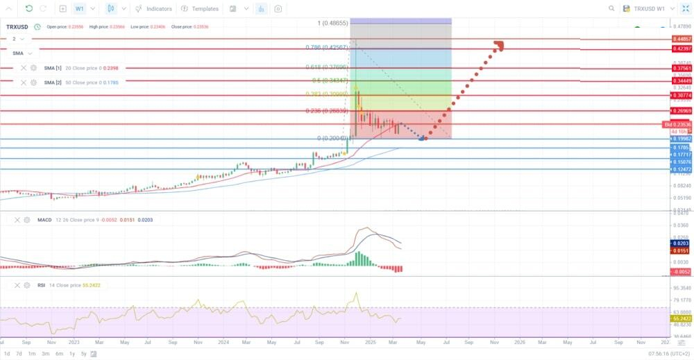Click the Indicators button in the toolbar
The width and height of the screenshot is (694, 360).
pos(154,9)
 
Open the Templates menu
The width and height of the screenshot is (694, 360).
pos(200,9)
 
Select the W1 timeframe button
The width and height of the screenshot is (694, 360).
pos(80,9)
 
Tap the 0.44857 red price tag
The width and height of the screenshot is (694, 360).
pos(682,39)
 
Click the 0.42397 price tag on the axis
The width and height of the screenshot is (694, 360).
pos(682,49)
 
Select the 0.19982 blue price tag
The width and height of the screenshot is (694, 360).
pos(682,139)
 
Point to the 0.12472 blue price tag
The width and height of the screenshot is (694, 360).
pos(682,169)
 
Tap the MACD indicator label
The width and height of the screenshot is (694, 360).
pos(44,220)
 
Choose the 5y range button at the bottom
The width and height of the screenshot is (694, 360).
pos(83,354)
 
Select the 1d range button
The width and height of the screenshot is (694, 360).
pos(7,354)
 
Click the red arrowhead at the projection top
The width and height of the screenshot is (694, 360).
pos(498,46)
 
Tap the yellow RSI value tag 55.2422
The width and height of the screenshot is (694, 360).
pos(682,318)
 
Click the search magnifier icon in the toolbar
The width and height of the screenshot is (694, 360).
pos(611,9)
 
